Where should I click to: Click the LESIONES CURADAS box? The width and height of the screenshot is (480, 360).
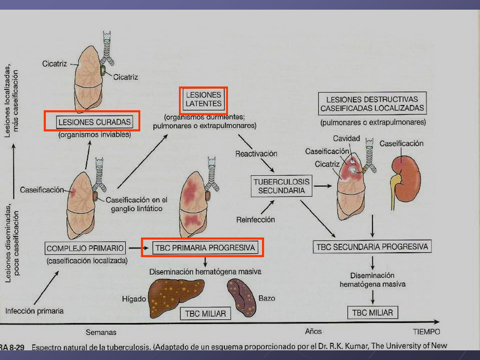point(94,122)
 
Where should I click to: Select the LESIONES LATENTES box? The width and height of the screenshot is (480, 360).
point(203,99)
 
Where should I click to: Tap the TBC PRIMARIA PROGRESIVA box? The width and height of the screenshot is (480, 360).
point(205,248)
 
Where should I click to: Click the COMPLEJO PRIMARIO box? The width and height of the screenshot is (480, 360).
point(85,248)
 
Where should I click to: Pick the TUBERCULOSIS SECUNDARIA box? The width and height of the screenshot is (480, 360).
point(281,186)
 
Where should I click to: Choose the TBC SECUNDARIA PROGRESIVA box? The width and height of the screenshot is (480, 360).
point(372,247)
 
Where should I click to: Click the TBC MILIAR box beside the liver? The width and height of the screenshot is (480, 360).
point(205,313)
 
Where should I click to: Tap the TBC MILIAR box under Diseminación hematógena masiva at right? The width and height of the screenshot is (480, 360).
point(372,313)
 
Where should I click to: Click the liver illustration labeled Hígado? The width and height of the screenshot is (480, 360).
point(175,295)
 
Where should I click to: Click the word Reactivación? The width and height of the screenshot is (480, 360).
point(256,154)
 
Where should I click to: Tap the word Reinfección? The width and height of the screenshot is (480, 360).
point(255,220)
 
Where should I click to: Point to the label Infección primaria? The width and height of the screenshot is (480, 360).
point(34,311)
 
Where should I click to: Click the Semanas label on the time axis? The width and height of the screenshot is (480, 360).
point(101,332)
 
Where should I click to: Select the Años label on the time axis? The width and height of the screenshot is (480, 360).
point(313,331)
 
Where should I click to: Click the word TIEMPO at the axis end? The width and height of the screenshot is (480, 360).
point(426,332)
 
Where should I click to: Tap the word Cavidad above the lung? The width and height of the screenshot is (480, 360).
point(346,138)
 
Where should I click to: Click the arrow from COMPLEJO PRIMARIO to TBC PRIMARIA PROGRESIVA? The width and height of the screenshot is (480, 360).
point(138,248)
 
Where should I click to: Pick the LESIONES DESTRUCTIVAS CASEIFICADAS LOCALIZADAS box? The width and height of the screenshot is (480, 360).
point(372,104)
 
